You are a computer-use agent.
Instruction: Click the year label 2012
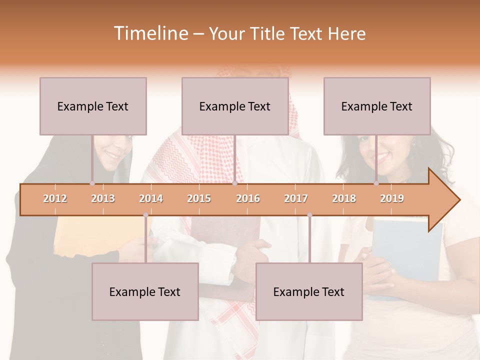(x=55, y=198)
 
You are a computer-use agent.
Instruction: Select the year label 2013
(x=103, y=198)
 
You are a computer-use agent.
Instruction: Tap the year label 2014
(x=151, y=198)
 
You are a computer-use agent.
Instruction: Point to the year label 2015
(x=199, y=198)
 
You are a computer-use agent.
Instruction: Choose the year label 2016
(x=248, y=198)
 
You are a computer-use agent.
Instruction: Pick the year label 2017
(x=296, y=198)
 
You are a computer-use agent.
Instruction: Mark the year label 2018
(x=344, y=198)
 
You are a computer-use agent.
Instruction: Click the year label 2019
(x=392, y=198)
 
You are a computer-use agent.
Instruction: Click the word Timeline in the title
(x=150, y=33)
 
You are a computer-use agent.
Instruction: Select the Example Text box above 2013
(x=93, y=106)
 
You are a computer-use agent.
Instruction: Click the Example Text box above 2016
(x=235, y=106)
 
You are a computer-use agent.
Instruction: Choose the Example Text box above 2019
(x=377, y=106)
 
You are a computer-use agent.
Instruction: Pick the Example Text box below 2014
(x=145, y=291)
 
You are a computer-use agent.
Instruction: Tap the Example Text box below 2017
(x=309, y=291)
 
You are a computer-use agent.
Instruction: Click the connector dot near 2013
(x=92, y=183)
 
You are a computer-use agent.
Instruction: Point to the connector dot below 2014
(x=145, y=215)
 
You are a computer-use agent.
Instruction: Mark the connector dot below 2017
(x=309, y=215)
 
